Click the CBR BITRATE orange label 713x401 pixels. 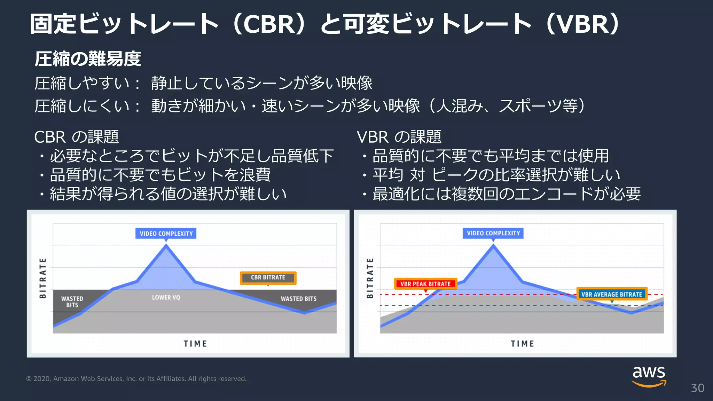pos(268,278)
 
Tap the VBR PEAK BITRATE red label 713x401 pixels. pos(425,284)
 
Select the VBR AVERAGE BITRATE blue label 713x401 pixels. pos(612,294)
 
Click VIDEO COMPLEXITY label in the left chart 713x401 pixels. pos(166,234)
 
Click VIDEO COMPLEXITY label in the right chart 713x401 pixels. pos(493,233)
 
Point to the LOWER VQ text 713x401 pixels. pos(166,298)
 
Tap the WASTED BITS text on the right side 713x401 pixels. pos(299,299)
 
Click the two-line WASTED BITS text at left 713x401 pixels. pos(72,302)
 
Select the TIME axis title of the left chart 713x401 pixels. pos(195,344)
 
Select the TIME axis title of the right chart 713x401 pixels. pos(522,344)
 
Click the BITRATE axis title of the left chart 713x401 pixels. pos(43,278)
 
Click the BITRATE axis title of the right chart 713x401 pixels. pos(370,278)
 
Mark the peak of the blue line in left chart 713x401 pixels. pos(166,245)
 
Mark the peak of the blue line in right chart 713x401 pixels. pos(493,245)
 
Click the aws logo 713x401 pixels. pos(649,376)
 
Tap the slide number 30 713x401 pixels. pos(697,388)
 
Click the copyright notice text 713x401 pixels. pos(136,379)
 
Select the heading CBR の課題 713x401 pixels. pos(77,137)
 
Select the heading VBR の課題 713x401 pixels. pos(399,137)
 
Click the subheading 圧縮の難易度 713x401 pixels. pos(88,59)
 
